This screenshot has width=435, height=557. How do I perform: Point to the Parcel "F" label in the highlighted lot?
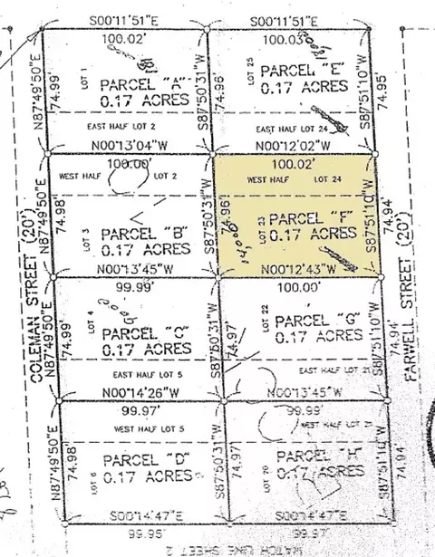tap(302, 219)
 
